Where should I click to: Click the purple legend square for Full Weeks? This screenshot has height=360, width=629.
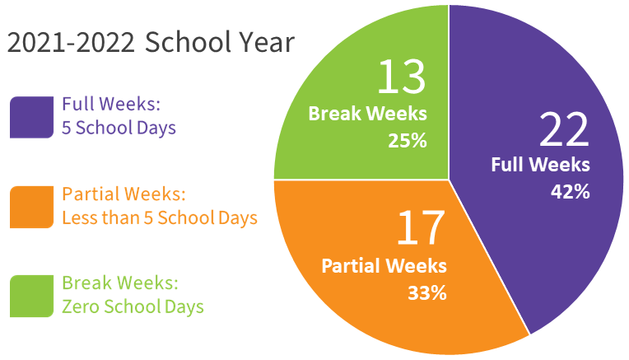31,117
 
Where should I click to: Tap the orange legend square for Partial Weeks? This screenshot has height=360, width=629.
31,207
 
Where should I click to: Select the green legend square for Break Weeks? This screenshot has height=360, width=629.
31,297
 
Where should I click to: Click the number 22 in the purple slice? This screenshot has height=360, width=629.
564,129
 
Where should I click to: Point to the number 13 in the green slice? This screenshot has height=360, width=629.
402,77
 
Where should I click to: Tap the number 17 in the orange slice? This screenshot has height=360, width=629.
421,227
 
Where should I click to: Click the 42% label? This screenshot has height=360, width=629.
570,192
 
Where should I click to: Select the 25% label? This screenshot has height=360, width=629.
408,141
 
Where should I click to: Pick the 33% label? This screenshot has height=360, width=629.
427,293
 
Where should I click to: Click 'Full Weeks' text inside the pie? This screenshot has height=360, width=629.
540,165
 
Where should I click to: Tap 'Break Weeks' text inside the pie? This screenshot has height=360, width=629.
367,114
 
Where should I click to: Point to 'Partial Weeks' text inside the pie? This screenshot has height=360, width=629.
384,266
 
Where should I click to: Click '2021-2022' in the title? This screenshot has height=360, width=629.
71,43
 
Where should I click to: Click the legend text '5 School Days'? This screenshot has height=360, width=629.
119,129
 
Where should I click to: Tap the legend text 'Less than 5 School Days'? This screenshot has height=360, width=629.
160,218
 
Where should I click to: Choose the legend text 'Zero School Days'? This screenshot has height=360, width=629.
133,307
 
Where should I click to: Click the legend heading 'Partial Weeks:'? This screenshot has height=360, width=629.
124,194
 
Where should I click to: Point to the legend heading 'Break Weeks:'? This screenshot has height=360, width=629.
120,283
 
